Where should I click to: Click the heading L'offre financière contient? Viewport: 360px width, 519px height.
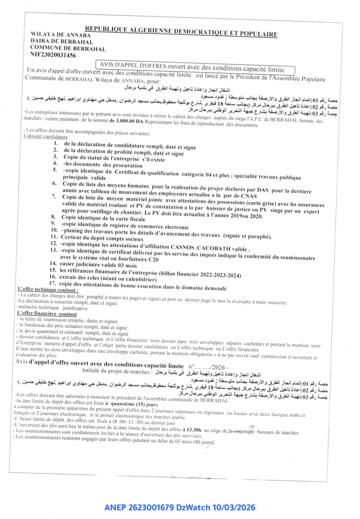tap(46, 313)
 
